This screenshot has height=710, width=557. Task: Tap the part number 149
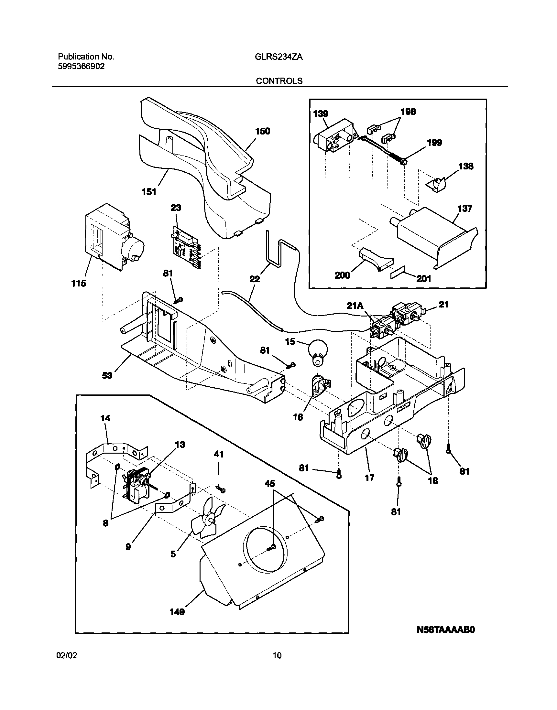tap(177, 612)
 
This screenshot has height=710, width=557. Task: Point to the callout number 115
tap(79, 284)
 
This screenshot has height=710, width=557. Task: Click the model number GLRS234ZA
tap(278, 57)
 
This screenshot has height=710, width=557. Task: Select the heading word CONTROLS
tap(279, 81)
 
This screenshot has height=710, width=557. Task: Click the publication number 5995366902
tap(82, 67)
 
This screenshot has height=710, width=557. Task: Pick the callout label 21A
tap(355, 306)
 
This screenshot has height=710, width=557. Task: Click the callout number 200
tap(343, 275)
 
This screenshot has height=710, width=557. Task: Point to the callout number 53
tap(107, 376)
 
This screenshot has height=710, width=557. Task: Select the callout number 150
tap(263, 131)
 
